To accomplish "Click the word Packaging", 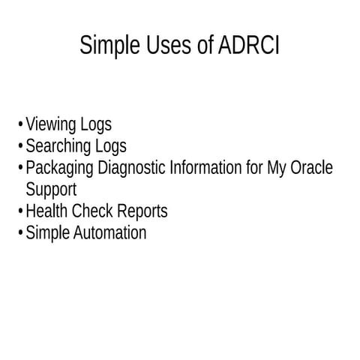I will tap(58, 168).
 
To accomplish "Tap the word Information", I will tap(205, 168).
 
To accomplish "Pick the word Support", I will tap(51, 190).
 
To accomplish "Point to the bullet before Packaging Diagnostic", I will tap(19, 169).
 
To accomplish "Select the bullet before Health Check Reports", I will tap(19, 212).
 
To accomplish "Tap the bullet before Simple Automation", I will tap(19, 234).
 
